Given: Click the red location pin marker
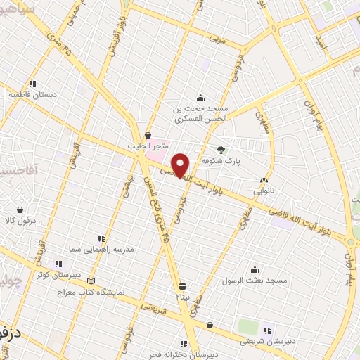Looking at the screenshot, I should (181, 165).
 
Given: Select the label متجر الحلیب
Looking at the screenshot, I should (148, 146).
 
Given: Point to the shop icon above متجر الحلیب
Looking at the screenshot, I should (148, 136).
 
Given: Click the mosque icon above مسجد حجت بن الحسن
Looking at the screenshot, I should (202, 98).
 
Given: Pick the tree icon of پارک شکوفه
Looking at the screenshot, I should (222, 149).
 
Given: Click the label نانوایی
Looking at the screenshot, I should (264, 191).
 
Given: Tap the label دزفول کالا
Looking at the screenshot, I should (20, 220).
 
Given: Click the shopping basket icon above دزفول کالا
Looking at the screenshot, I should (20, 210).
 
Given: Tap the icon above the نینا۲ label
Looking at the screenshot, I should (183, 286).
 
